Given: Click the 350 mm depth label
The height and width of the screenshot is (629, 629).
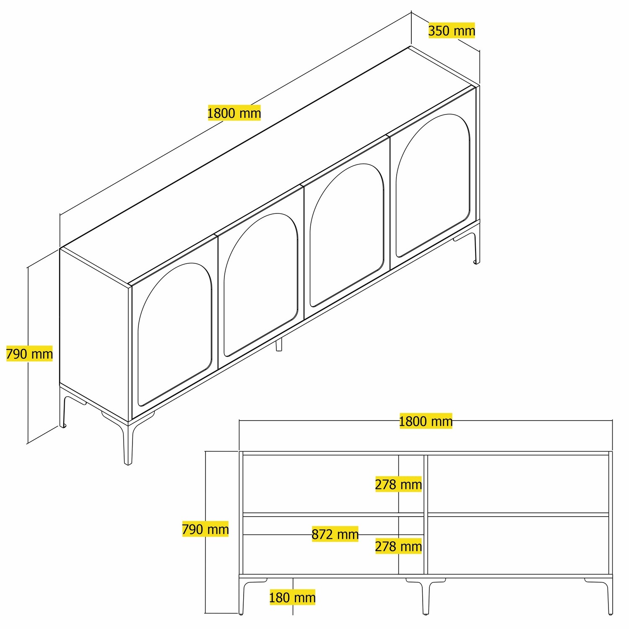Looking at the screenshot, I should point(451,31).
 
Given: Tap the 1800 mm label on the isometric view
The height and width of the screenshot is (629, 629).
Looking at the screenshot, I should point(234,113).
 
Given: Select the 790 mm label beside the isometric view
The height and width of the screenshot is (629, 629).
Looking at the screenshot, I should point(29,354).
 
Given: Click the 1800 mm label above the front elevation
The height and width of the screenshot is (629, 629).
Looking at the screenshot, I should point(425,421).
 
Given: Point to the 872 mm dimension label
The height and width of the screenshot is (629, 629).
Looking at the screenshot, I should point(335,534).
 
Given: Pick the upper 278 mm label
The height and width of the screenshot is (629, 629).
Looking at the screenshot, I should point(398,484).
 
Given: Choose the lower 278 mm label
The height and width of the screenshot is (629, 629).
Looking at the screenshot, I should point(398,546).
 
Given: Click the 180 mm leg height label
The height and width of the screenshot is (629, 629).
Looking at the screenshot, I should point(292,597).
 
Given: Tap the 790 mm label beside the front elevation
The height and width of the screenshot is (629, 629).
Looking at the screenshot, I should point(205,529).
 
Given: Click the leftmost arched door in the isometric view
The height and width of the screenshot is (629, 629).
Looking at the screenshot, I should point(174,335).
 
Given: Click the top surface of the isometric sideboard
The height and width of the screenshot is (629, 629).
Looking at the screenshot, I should point(268,168).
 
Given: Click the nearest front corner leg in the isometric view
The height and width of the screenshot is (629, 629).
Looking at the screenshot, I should point(127,444).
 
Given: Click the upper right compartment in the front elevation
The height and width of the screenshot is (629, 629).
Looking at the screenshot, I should point(518,484).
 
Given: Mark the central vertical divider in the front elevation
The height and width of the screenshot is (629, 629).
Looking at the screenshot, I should point(426,514).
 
